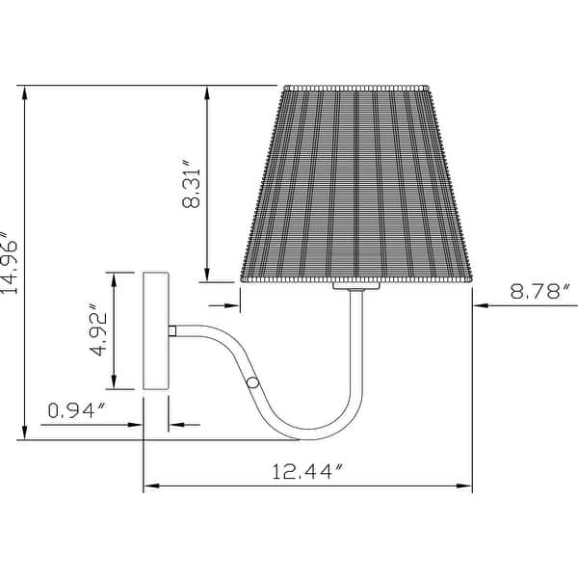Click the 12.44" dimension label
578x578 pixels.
(x=307, y=471)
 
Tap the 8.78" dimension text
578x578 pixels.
(x=540, y=291)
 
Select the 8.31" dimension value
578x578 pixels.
(x=191, y=184)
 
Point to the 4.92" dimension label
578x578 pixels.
(x=99, y=329)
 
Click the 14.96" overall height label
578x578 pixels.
(x=9, y=262)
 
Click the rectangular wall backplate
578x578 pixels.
(x=156, y=330)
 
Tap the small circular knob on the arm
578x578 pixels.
(x=252, y=382)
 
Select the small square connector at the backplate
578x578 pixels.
(x=172, y=330)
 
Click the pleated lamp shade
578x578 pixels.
(x=356, y=184)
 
